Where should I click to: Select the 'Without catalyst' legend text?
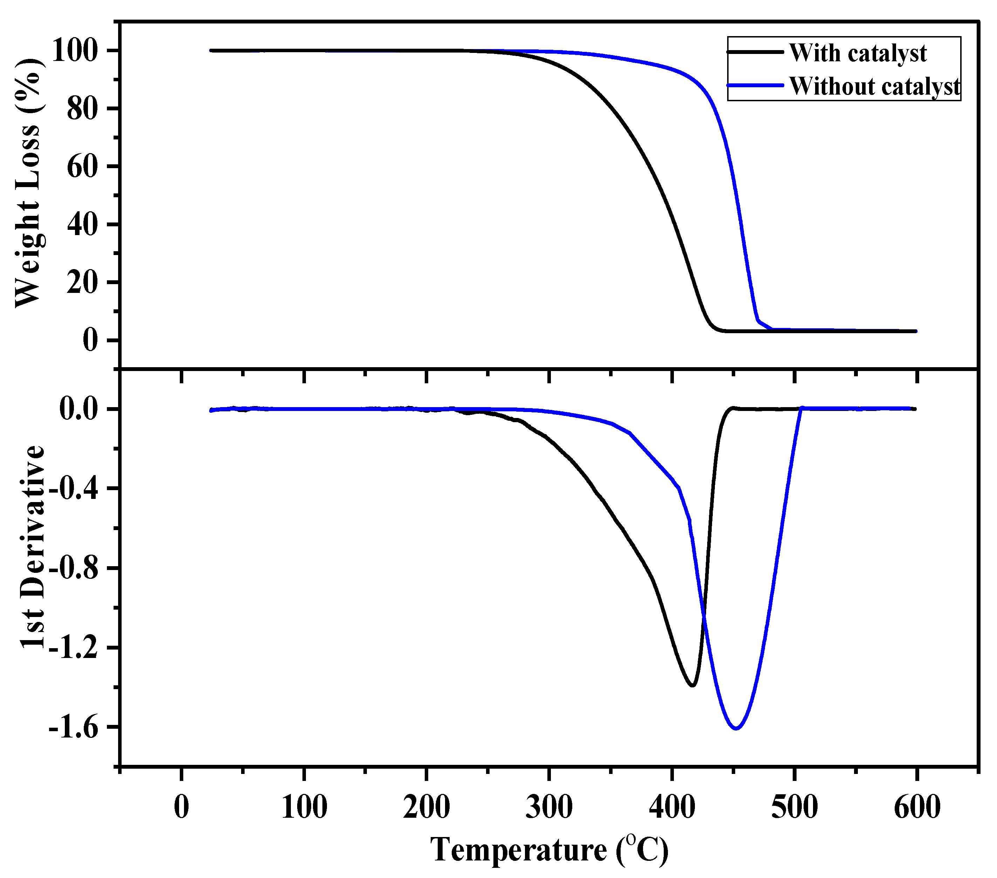click(x=875, y=86)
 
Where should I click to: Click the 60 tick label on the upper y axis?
click(x=83, y=166)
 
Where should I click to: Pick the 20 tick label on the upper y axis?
click(x=83, y=282)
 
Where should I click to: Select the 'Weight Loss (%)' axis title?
click(x=28, y=183)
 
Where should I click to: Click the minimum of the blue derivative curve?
click(x=736, y=729)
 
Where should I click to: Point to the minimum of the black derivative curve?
click(x=692, y=686)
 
